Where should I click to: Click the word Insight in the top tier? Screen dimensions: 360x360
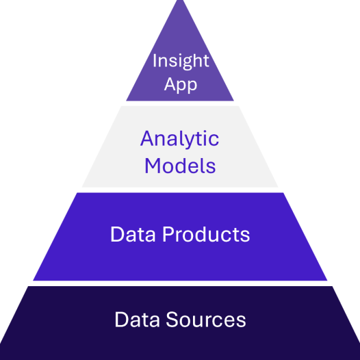pos(181,61)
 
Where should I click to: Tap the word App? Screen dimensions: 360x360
pos(181,85)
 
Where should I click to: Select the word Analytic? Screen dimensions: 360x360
pos(180,139)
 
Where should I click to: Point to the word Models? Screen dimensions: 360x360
pos(180,166)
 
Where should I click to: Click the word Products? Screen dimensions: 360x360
pos(206,234)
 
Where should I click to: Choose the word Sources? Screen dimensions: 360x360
pos(206,320)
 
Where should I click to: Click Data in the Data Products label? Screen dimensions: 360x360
pos(133,234)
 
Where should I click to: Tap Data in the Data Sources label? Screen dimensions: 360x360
pos(137,320)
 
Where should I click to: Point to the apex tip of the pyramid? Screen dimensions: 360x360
pos(180,1)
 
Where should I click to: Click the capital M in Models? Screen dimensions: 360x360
pos(153,166)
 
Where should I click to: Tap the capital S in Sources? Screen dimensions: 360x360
pos(172,320)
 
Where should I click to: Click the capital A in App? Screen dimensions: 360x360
pos(171,83)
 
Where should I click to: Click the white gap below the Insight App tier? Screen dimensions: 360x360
pos(180,103)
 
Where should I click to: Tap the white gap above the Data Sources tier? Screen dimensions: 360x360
pos(180,283)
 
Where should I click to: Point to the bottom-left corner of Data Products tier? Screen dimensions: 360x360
pos(34,281)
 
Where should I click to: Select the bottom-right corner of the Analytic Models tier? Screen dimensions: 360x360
pos(278,187)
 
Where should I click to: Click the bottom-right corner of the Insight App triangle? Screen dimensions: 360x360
pos(233,101)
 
